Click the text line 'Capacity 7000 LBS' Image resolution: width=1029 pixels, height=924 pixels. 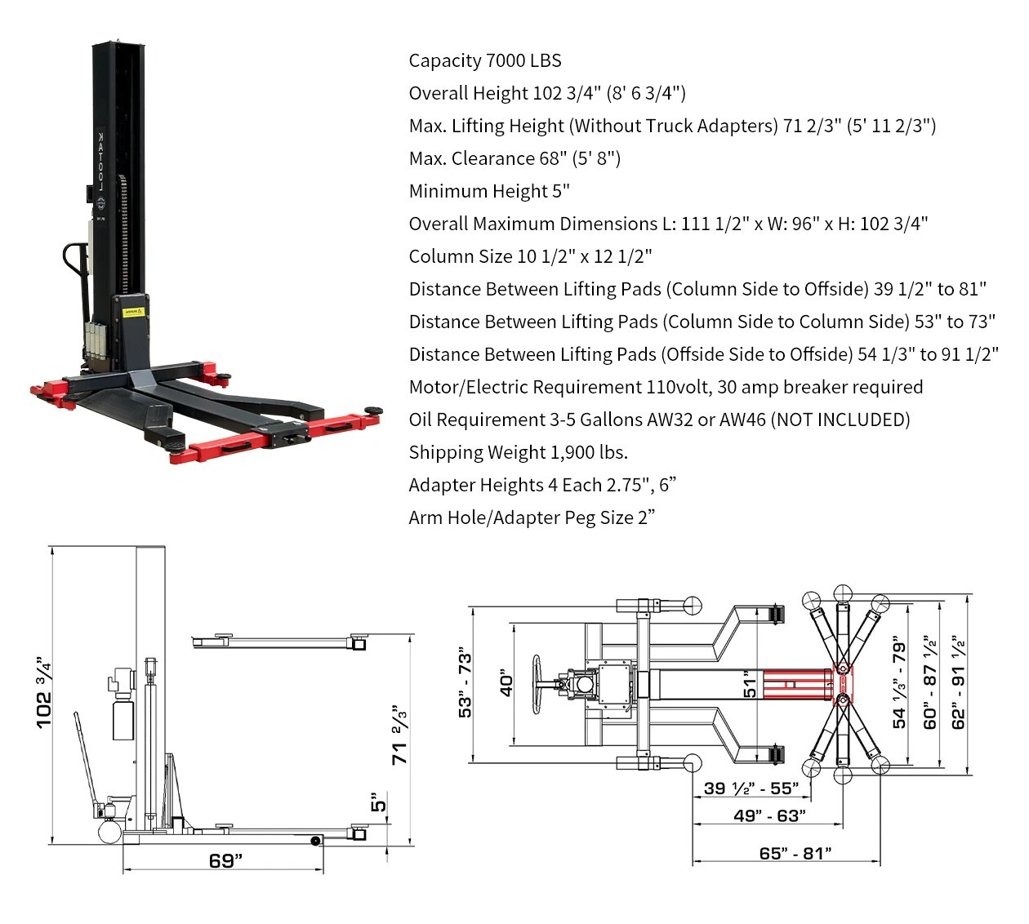click(x=485, y=60)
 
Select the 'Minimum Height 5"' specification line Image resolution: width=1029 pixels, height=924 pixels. click(x=489, y=191)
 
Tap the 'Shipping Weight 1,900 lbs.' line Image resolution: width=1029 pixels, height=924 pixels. click(x=518, y=452)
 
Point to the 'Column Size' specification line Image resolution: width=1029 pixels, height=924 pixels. click(x=530, y=256)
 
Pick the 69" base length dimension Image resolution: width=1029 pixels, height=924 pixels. click(x=225, y=860)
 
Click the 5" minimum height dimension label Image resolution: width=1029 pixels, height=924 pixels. click(x=378, y=802)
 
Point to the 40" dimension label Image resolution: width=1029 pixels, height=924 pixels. click(x=506, y=684)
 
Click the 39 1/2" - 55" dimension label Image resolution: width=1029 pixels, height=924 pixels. click(x=751, y=789)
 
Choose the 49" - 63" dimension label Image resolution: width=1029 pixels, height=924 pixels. click(x=769, y=815)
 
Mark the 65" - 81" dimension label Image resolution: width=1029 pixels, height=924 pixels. click(x=795, y=853)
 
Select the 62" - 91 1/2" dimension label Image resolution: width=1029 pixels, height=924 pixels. click(x=959, y=682)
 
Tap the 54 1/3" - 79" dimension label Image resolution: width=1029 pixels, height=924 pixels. click(x=900, y=682)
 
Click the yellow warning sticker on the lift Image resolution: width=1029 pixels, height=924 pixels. click(x=132, y=312)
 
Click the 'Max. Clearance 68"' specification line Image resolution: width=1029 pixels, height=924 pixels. click(x=514, y=158)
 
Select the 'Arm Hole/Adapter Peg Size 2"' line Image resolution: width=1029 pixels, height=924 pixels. click(x=532, y=518)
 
